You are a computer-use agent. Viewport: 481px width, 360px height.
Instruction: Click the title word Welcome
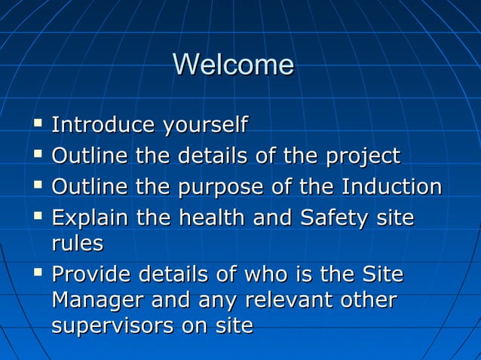tap(233, 65)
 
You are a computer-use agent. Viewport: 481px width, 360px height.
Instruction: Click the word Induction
tap(392, 187)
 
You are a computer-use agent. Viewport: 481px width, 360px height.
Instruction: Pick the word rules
tap(77, 244)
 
